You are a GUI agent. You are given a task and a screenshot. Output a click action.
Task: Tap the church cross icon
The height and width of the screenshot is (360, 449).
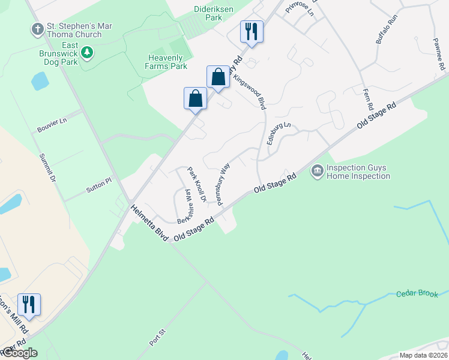[x=37, y=29]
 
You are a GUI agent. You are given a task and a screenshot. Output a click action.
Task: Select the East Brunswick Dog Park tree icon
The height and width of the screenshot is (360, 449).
[x=88, y=53]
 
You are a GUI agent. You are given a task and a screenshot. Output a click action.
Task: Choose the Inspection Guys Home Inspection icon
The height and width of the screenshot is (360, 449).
[x=317, y=172]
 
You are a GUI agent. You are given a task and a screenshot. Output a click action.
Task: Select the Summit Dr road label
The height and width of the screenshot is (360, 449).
[x=47, y=169]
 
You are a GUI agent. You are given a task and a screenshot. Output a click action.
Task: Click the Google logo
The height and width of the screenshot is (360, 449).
[x=19, y=353]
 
